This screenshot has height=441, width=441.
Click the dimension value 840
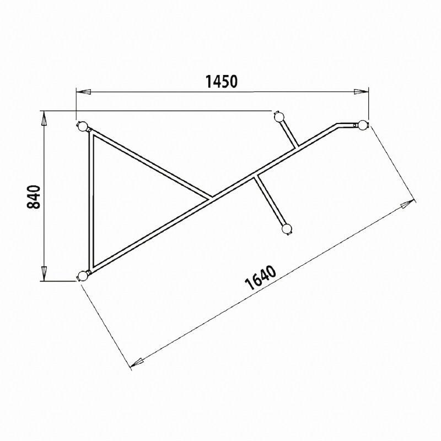click(x=34, y=197)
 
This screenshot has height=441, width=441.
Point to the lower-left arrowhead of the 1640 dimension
click(x=137, y=362)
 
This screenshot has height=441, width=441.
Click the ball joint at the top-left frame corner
click(x=83, y=127)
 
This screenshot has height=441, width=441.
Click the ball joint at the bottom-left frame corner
click(x=83, y=275)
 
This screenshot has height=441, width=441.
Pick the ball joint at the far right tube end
click(x=362, y=125)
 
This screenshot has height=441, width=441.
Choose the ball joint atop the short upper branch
click(x=279, y=116)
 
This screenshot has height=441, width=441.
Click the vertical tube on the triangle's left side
click(x=90, y=198)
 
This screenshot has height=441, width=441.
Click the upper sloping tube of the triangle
click(x=149, y=163)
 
